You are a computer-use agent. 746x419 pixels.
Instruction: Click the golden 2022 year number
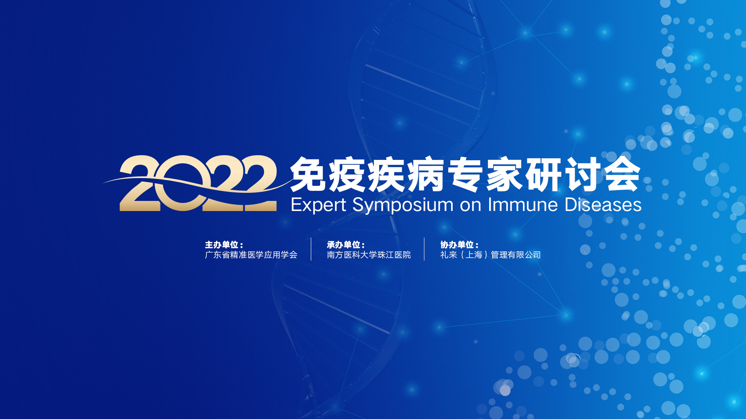[x=198, y=183]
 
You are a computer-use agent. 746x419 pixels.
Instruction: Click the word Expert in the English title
[x=318, y=205]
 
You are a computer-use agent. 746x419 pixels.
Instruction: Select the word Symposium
[x=403, y=205]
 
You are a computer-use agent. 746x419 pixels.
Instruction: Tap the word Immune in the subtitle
[x=523, y=204]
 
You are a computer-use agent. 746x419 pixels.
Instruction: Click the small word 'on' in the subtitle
[x=471, y=206]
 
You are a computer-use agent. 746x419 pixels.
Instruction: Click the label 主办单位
[x=221, y=245]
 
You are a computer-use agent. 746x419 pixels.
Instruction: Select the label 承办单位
[x=343, y=245]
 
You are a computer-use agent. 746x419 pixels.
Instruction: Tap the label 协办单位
[x=457, y=245]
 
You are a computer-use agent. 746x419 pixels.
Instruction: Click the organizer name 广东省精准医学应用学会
[x=251, y=255]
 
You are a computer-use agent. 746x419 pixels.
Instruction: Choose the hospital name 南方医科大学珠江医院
[x=369, y=255]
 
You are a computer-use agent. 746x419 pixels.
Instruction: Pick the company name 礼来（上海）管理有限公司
[x=490, y=255]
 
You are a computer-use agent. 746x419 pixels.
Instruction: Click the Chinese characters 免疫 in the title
[x=329, y=175]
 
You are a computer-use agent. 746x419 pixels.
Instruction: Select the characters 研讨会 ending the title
[x=583, y=175]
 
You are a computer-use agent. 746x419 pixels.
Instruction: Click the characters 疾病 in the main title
[x=406, y=175]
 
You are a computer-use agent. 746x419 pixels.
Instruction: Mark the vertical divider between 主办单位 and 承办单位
[x=311, y=249]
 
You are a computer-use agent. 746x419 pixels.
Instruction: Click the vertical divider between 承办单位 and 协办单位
[x=424, y=249]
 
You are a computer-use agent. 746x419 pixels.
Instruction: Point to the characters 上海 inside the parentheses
[x=474, y=255]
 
